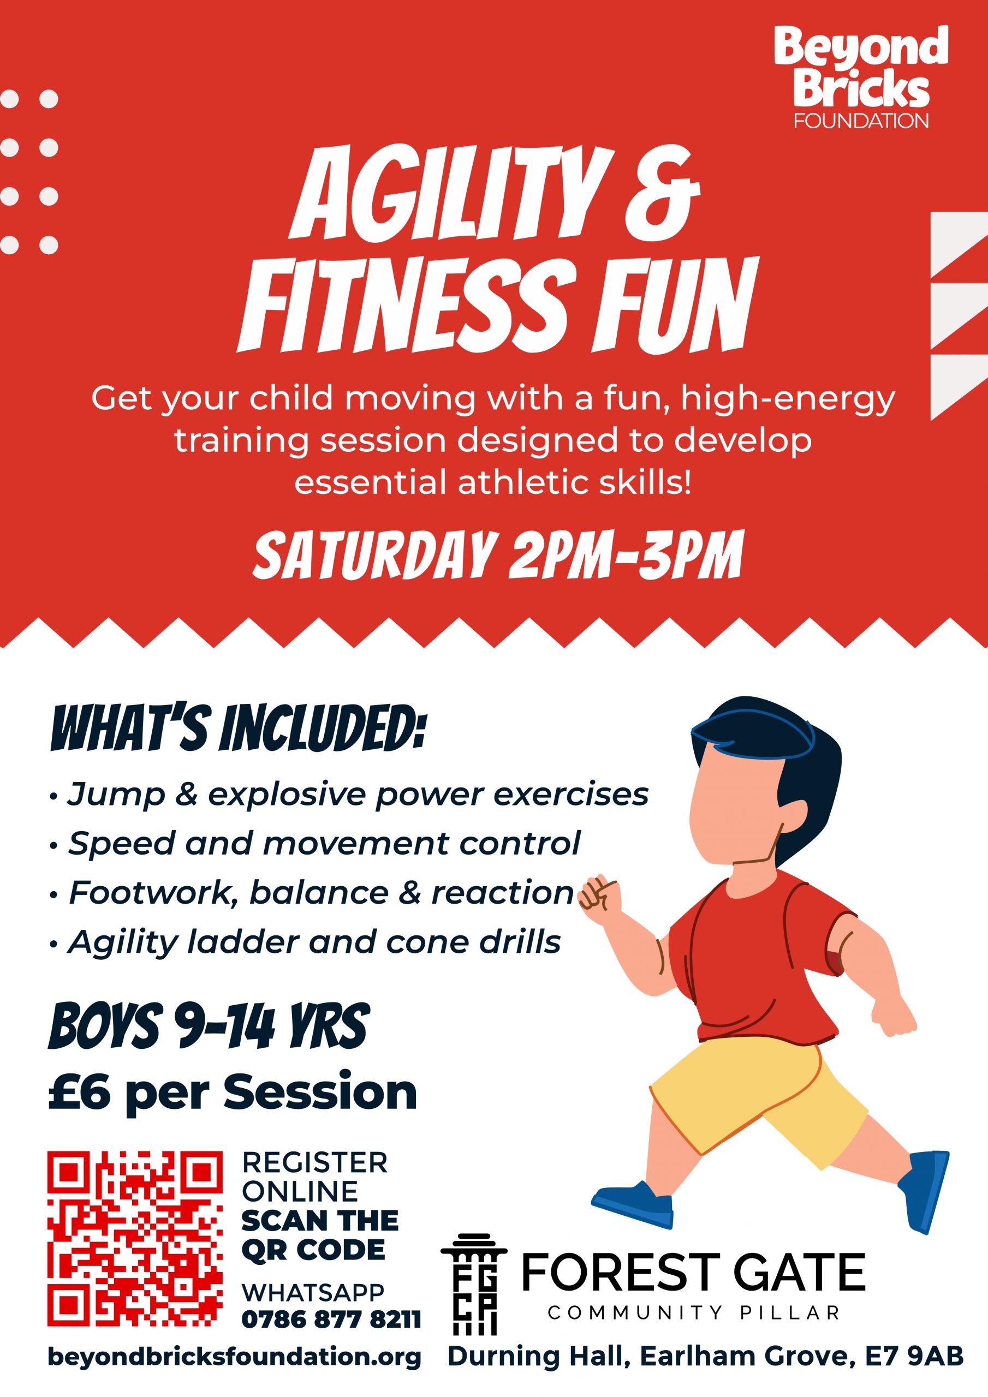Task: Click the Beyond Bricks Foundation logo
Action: click(861, 77)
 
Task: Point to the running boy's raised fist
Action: click(598, 894)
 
